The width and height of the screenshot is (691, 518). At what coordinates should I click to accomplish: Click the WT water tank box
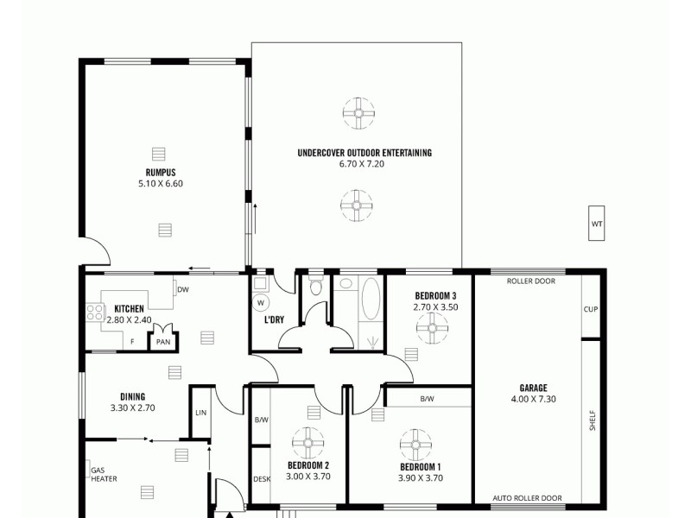point(597,224)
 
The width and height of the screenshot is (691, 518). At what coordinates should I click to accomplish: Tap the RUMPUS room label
point(161,173)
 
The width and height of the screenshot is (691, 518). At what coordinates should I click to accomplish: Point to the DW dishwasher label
point(182,290)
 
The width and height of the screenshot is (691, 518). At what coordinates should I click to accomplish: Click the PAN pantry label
point(162,342)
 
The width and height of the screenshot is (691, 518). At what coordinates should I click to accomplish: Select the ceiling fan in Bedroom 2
point(307,444)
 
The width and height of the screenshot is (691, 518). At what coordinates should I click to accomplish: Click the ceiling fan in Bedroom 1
point(415,445)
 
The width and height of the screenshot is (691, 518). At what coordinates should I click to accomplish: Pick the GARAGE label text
point(533,388)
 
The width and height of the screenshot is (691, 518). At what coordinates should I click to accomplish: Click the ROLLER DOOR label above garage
point(531,281)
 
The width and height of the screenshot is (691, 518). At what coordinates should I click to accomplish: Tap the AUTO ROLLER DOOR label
point(527,498)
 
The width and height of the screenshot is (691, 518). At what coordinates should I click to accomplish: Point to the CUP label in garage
point(591,309)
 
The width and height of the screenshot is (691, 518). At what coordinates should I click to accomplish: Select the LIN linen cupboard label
point(200,414)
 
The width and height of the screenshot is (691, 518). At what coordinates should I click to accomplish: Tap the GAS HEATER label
point(105,474)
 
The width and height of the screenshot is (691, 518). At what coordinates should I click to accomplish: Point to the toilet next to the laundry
point(316,286)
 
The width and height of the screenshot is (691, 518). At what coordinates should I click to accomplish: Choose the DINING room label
point(132,397)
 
